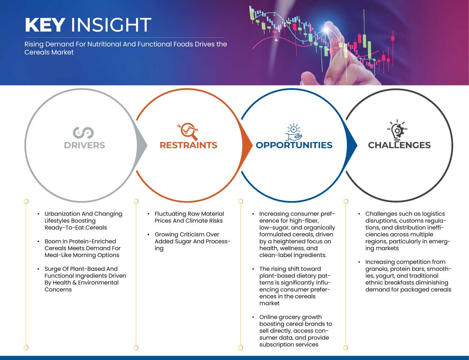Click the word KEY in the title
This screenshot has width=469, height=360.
[45, 25]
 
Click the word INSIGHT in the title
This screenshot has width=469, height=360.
[111, 25]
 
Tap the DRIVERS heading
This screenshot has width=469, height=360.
[84, 145]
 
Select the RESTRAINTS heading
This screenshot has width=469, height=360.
[189, 145]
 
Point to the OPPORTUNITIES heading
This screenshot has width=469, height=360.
[294, 145]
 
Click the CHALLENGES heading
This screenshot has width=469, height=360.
[399, 145]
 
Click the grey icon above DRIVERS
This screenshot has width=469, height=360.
[83, 133]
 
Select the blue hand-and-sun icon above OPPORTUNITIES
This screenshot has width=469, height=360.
[293, 132]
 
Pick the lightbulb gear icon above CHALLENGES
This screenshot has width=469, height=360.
[397, 130]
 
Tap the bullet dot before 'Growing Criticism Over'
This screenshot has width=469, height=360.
[149, 235]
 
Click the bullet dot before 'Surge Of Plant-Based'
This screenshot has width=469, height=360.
[39, 269]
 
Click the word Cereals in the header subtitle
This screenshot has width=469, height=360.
[35, 52]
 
